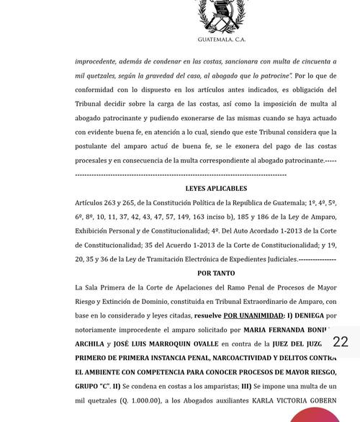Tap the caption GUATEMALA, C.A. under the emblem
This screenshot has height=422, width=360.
[221, 40]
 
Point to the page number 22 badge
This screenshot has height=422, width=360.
[341, 342]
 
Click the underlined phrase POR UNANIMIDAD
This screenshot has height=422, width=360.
[253, 316]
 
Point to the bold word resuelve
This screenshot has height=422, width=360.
[207, 316]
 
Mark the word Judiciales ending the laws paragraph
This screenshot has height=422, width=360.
[279, 259]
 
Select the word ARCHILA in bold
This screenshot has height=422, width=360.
[89, 344]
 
